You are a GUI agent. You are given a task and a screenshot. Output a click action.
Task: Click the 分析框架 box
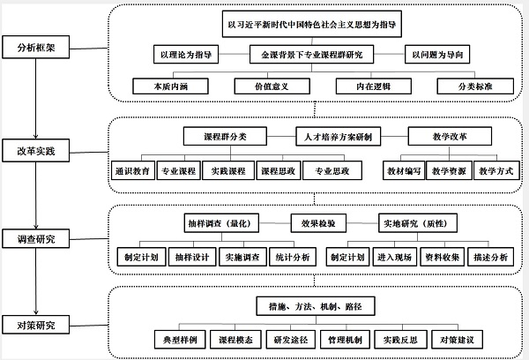click(36, 47)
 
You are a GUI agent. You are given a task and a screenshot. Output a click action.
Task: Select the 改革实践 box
click(36, 150)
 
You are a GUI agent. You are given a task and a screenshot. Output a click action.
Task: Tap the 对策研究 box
click(36, 325)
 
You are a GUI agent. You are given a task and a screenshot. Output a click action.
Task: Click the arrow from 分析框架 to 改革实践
click(35, 99)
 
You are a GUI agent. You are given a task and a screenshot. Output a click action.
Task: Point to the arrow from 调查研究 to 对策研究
click(36, 281)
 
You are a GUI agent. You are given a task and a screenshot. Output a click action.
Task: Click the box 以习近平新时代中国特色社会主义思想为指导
click(312, 24)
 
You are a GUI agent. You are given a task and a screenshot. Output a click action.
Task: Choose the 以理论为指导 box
click(186, 54)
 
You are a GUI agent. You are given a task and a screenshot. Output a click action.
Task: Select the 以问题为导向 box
click(437, 54)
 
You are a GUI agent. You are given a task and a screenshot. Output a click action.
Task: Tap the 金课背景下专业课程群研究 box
click(312, 54)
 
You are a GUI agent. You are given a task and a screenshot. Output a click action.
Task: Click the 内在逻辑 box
click(374, 86)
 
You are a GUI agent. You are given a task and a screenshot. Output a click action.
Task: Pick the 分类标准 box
click(475, 86)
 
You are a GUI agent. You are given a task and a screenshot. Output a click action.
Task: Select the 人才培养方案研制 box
click(338, 137)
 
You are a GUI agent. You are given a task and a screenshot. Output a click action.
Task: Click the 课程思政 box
click(279, 170)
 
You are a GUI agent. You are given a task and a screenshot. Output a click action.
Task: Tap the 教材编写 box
click(404, 170)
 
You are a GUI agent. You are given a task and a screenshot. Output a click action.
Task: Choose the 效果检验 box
click(318, 223)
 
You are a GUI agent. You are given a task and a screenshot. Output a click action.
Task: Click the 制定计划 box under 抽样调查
click(141, 257)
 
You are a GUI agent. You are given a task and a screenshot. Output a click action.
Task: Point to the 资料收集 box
click(443, 257)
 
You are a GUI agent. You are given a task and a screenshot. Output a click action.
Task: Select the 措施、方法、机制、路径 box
click(316, 306)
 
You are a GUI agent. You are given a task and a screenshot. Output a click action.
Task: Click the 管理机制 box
click(345, 340)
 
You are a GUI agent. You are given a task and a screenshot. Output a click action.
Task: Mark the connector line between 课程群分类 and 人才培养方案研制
click(281, 137)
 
